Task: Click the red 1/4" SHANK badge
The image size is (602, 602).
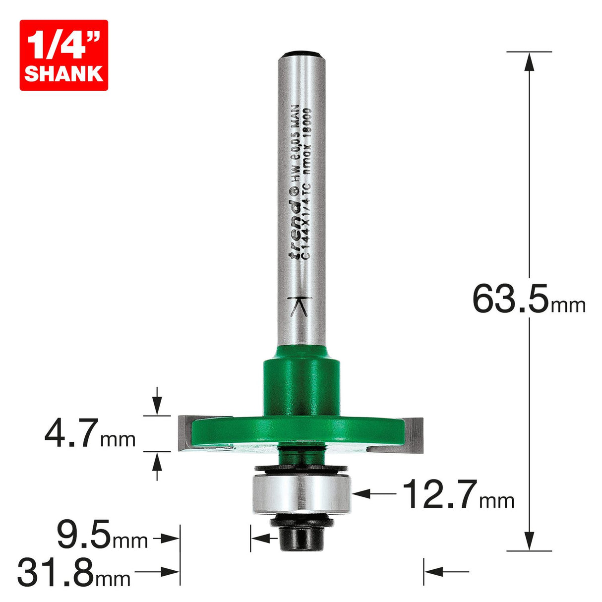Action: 63,55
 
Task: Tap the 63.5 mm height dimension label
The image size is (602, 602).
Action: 528,299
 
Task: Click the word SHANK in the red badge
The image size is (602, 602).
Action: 63,73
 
